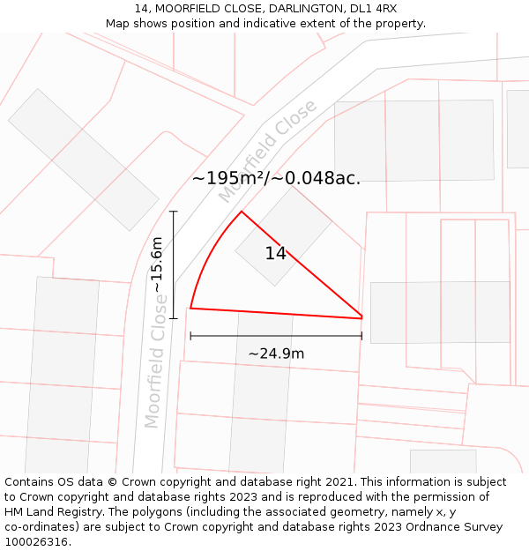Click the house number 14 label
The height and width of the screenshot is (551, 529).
pyautogui.click(x=275, y=254)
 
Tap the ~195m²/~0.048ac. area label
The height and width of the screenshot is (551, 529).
pyautogui.click(x=276, y=178)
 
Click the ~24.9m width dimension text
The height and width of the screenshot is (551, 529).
pyautogui.click(x=276, y=354)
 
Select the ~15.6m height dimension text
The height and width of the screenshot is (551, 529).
pyautogui.click(x=157, y=264)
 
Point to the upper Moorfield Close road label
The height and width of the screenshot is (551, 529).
pyautogui.click(x=267, y=151)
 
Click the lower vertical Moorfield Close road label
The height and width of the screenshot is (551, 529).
pyautogui.click(x=156, y=361)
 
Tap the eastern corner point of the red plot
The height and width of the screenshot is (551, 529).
pyautogui.click(x=361, y=317)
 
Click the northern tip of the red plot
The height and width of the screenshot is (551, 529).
pyautogui.click(x=242, y=212)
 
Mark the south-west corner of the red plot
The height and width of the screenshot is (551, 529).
pyautogui.click(x=190, y=309)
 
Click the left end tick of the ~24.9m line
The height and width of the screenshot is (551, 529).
pyautogui.click(x=190, y=335)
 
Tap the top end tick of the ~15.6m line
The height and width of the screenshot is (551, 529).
pyautogui.click(x=175, y=212)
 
